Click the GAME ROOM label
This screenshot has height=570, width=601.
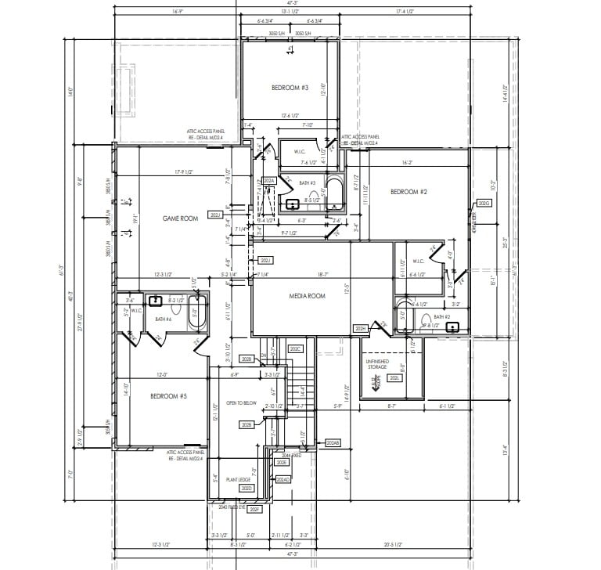(179, 218)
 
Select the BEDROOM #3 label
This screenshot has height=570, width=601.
(290, 88)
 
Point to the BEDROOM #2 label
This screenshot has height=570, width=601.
(408, 192)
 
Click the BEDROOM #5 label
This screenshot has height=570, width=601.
(168, 396)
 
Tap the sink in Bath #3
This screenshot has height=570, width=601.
(293, 204)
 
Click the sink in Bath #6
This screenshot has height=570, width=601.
(156, 299)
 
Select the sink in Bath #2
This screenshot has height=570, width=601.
(452, 327)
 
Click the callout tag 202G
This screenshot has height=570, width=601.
(484, 204)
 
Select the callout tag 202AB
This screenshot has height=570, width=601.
(333, 443)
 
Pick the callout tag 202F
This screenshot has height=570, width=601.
(254, 508)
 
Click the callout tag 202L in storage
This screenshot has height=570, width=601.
(395, 378)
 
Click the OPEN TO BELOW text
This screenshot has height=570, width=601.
(242, 402)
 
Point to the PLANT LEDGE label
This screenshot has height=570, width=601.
(238, 479)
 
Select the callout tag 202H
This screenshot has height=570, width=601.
(360, 328)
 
